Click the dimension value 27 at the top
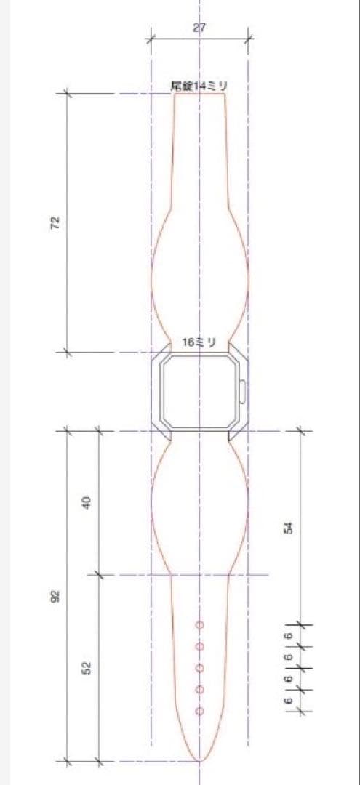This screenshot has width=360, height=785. [199, 27]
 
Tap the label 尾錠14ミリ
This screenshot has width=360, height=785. [199, 86]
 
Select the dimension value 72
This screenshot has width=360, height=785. [55, 222]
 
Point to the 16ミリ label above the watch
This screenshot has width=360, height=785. [199, 342]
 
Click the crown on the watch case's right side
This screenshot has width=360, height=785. [243, 392]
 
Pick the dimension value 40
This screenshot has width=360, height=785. [86, 502]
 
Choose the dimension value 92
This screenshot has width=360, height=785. [55, 596]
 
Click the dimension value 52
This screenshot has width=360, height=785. [86, 667]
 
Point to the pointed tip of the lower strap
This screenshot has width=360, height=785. [199, 760]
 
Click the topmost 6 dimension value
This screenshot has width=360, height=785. [288, 635]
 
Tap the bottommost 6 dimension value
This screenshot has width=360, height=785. [288, 700]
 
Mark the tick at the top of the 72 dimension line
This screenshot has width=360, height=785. [67, 94]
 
